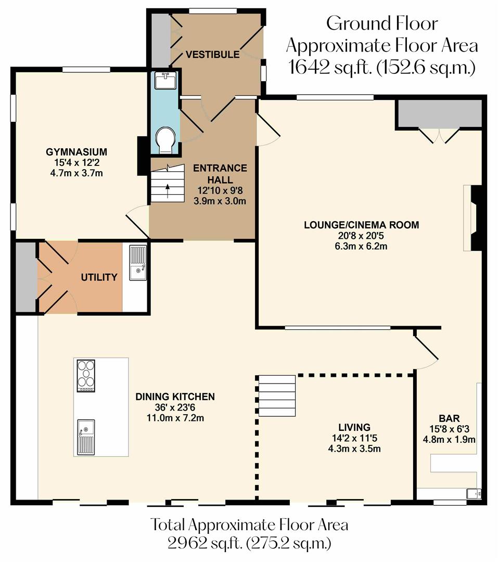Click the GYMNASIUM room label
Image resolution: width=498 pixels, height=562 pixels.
pyautogui.click(x=76, y=152)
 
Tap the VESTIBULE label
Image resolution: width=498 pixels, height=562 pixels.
pyautogui.click(x=212, y=55)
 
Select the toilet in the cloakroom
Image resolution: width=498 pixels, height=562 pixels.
pyautogui.click(x=165, y=139)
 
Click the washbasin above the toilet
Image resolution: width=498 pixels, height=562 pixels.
pyautogui.click(x=165, y=81)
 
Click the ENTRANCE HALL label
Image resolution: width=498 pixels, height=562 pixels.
pyautogui.click(x=220, y=168)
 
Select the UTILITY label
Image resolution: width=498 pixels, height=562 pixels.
pyautogui.click(x=99, y=277)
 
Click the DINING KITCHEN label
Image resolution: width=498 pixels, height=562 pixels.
pyautogui.click(x=175, y=397)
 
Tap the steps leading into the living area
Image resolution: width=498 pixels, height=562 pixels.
pyautogui.click(x=277, y=394)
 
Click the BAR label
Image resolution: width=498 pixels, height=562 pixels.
pyautogui.click(x=448, y=418)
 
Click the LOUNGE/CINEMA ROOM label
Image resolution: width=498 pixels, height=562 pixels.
pyautogui.click(x=361, y=225)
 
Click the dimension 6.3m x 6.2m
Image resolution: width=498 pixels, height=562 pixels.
pyautogui.click(x=361, y=246)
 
